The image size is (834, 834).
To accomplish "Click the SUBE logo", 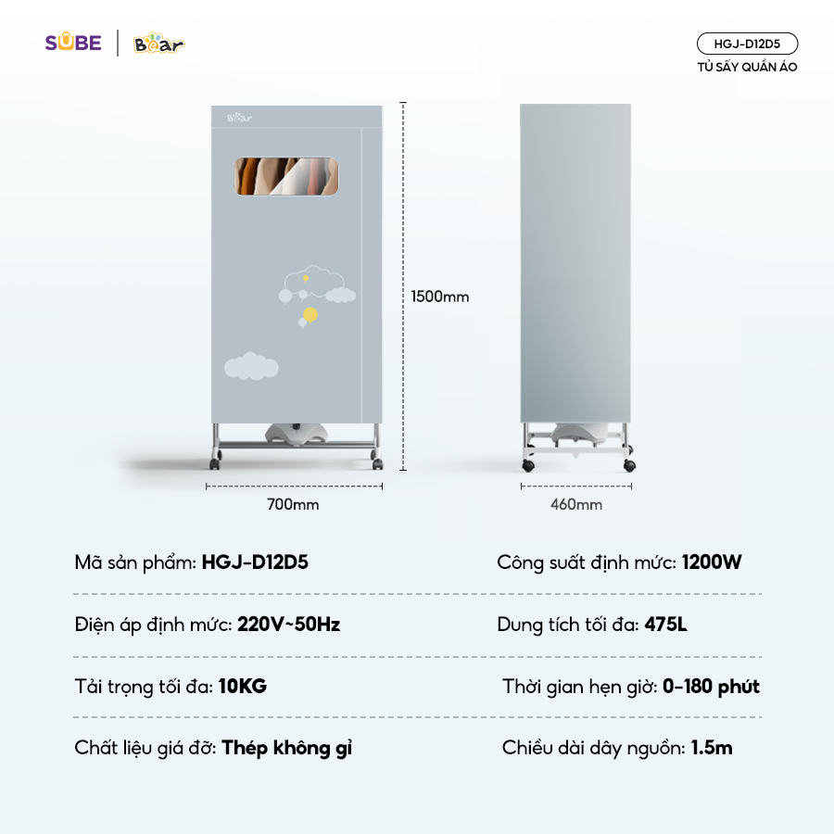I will coord(73,43).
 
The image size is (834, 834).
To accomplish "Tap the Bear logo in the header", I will coord(158,44).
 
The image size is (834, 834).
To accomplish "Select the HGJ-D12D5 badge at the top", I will coord(747,44).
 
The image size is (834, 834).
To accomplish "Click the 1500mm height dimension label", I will coord(440,297).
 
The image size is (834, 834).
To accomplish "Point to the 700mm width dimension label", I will coord(293,504).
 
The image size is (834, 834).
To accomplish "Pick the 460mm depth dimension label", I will coord(576,504).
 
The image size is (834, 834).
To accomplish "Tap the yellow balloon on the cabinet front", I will coord(310,314).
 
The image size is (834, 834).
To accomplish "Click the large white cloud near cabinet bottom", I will coord(251,366).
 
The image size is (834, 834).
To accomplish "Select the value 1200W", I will coord(712,562).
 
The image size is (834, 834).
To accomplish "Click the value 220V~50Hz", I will coord(288,625).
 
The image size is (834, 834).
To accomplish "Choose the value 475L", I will coord(666,625).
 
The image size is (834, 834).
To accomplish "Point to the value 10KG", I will coord(243,687).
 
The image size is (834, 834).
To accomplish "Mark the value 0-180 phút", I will coord(711,687).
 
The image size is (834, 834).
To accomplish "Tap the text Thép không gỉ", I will coord(287,748).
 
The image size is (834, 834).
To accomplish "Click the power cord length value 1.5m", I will coord(712,748).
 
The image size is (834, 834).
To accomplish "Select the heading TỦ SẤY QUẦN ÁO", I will coord(747,67).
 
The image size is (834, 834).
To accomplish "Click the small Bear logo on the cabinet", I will coord(239,118).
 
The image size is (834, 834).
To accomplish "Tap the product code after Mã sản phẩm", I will coord(255,562).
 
